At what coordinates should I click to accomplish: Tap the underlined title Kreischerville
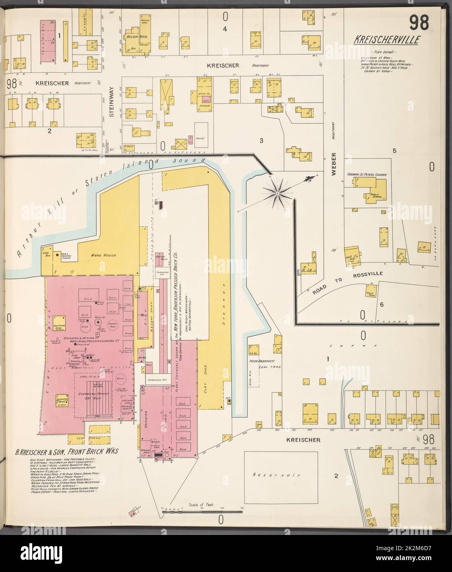point(386,40)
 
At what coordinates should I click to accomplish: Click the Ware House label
point(104,256)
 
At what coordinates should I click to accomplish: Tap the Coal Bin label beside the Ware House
point(46,253)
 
